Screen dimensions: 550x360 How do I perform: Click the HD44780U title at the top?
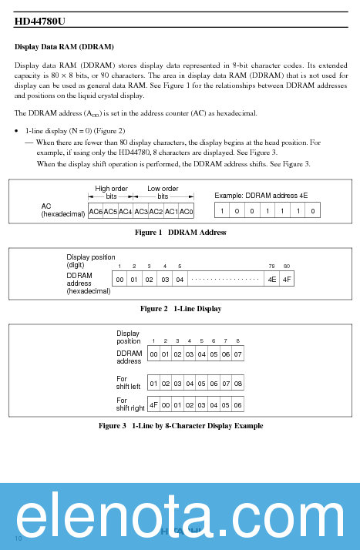point(40,22)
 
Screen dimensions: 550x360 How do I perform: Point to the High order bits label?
point(111,193)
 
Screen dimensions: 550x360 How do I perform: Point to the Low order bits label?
point(163,193)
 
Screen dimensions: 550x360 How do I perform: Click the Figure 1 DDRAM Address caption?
point(180,233)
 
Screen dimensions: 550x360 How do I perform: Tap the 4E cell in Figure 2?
point(272,279)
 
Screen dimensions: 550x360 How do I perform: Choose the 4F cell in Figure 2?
point(287,279)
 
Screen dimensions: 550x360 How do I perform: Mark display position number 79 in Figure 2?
point(271,266)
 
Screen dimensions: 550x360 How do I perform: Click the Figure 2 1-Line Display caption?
point(180,309)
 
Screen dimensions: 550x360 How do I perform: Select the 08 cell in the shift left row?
point(237,383)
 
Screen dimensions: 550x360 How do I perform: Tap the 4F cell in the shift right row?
point(153,404)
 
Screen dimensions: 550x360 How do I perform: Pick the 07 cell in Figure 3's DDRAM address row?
point(237,354)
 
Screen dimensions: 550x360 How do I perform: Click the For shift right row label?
point(130,404)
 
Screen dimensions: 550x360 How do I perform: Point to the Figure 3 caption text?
point(180,426)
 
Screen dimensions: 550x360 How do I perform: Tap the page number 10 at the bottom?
point(19,536)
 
